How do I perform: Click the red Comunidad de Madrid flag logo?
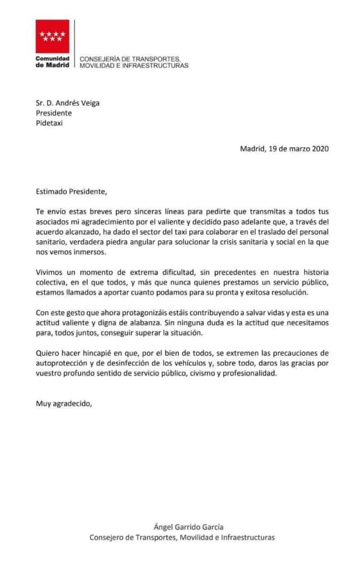tap(53, 36)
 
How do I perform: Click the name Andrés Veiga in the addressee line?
tap(72, 102)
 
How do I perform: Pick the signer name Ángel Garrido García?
tap(188, 526)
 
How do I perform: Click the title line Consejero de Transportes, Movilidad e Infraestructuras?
tap(182, 538)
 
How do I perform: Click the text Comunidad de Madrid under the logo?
tap(53, 62)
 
